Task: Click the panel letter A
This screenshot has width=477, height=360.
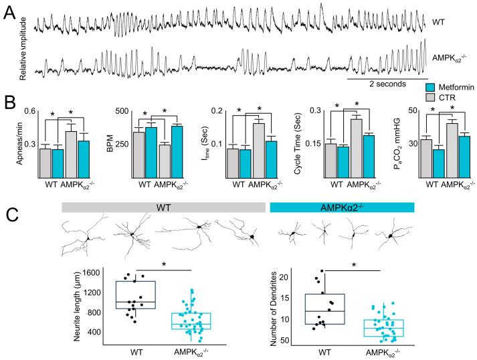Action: (x=10, y=12)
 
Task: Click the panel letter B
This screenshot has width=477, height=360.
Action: (x=10, y=105)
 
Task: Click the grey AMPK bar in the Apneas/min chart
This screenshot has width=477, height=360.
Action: (x=70, y=155)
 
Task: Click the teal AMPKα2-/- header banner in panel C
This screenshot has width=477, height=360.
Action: (x=342, y=207)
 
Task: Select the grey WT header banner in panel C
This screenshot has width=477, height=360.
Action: (x=163, y=207)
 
